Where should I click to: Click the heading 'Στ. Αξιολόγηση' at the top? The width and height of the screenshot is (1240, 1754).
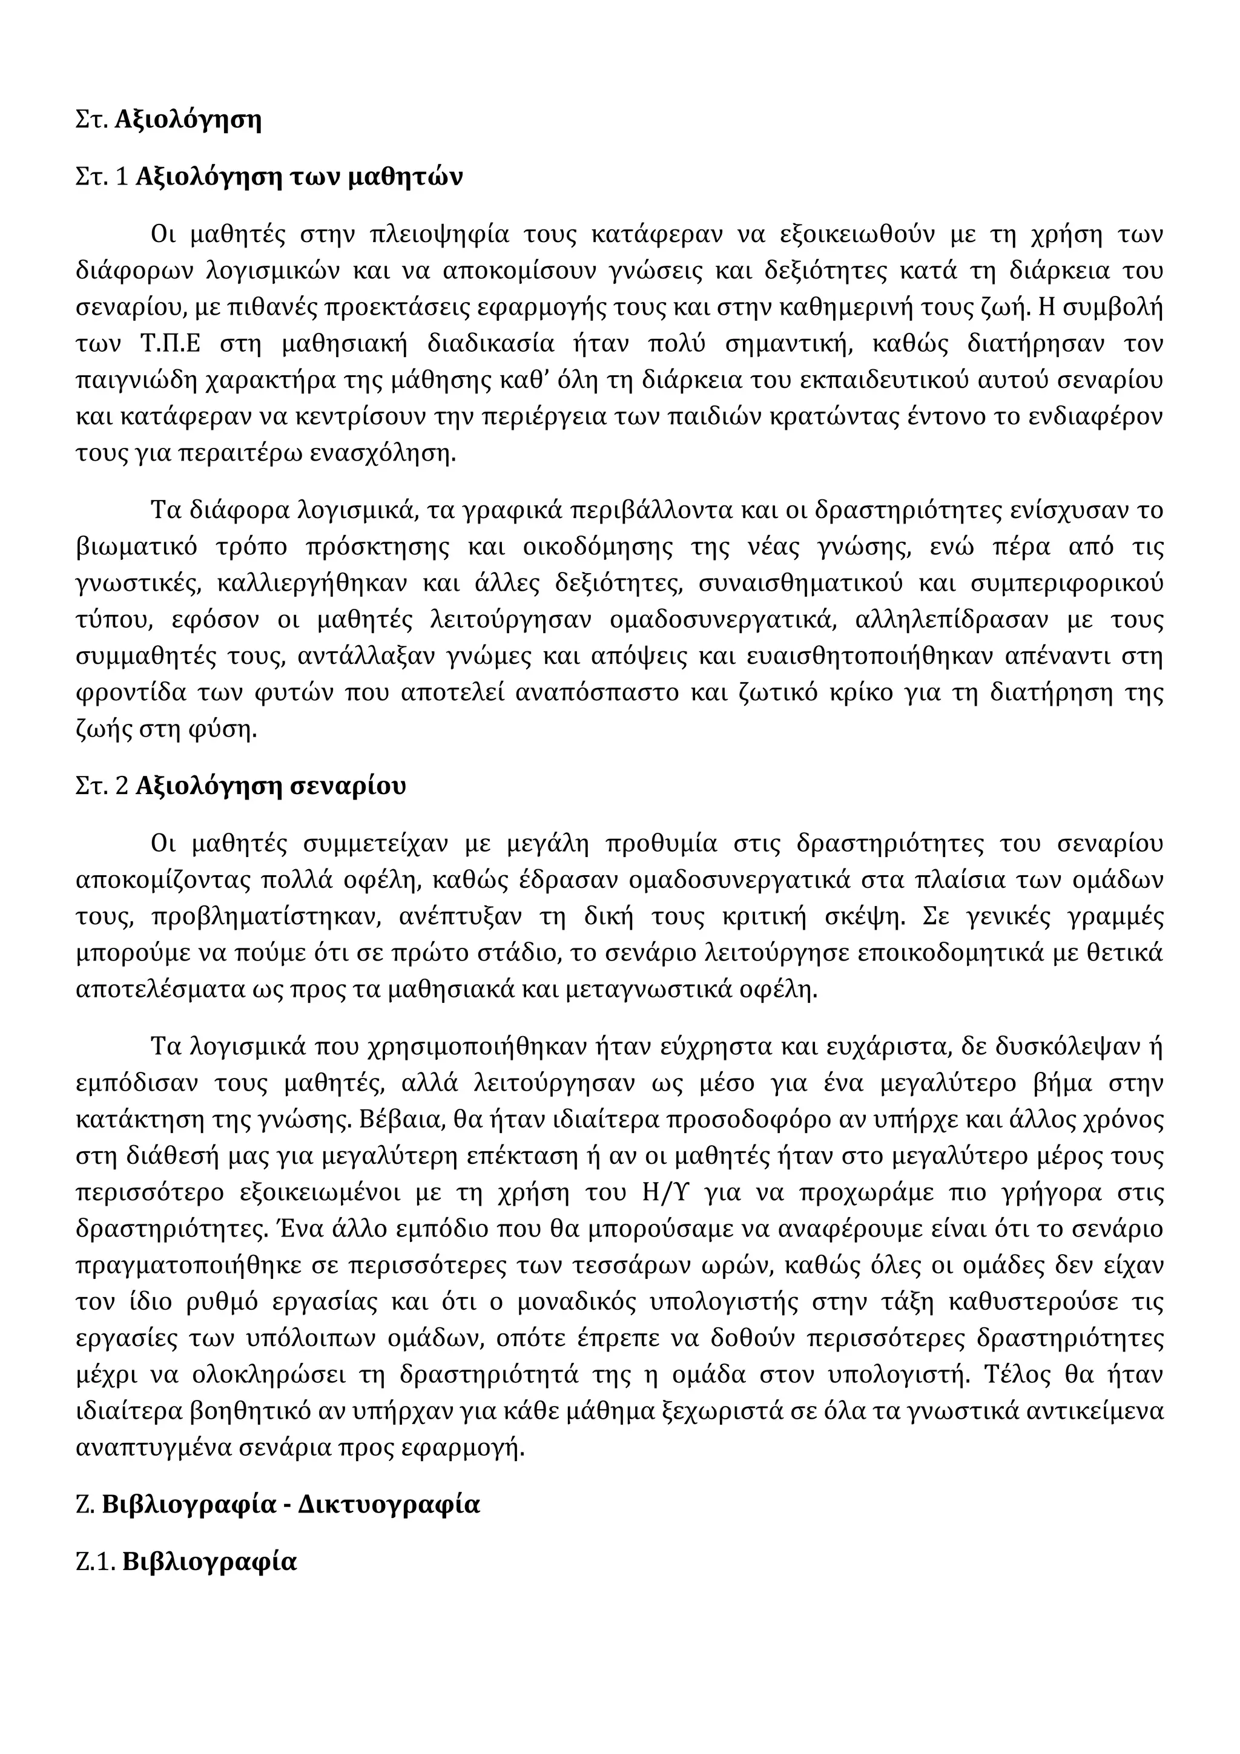coord(169,120)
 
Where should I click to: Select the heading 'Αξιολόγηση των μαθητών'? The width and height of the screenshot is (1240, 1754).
coord(298,177)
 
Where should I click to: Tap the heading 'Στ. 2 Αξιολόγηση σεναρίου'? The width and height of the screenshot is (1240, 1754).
coord(240,786)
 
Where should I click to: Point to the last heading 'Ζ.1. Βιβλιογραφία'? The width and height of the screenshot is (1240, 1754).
coord(186,1562)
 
